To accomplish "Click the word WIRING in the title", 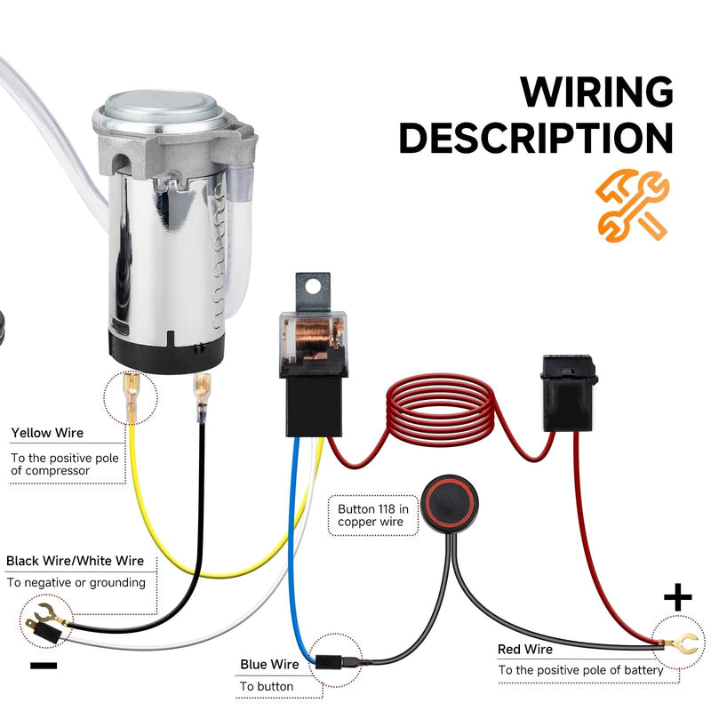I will [596, 92].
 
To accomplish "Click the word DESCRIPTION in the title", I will [536, 139].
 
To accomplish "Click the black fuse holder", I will [570, 394].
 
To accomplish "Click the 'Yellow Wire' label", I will [47, 433].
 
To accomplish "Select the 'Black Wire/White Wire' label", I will [75, 561].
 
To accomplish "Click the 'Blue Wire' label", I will [269, 664].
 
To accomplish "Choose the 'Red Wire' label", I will [525, 650].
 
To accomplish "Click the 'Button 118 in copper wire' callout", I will [373, 515].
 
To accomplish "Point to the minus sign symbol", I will [43, 665].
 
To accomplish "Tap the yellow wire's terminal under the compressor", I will [132, 396].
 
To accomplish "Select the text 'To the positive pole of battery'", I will [580, 669].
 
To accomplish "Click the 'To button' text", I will [267, 686].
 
